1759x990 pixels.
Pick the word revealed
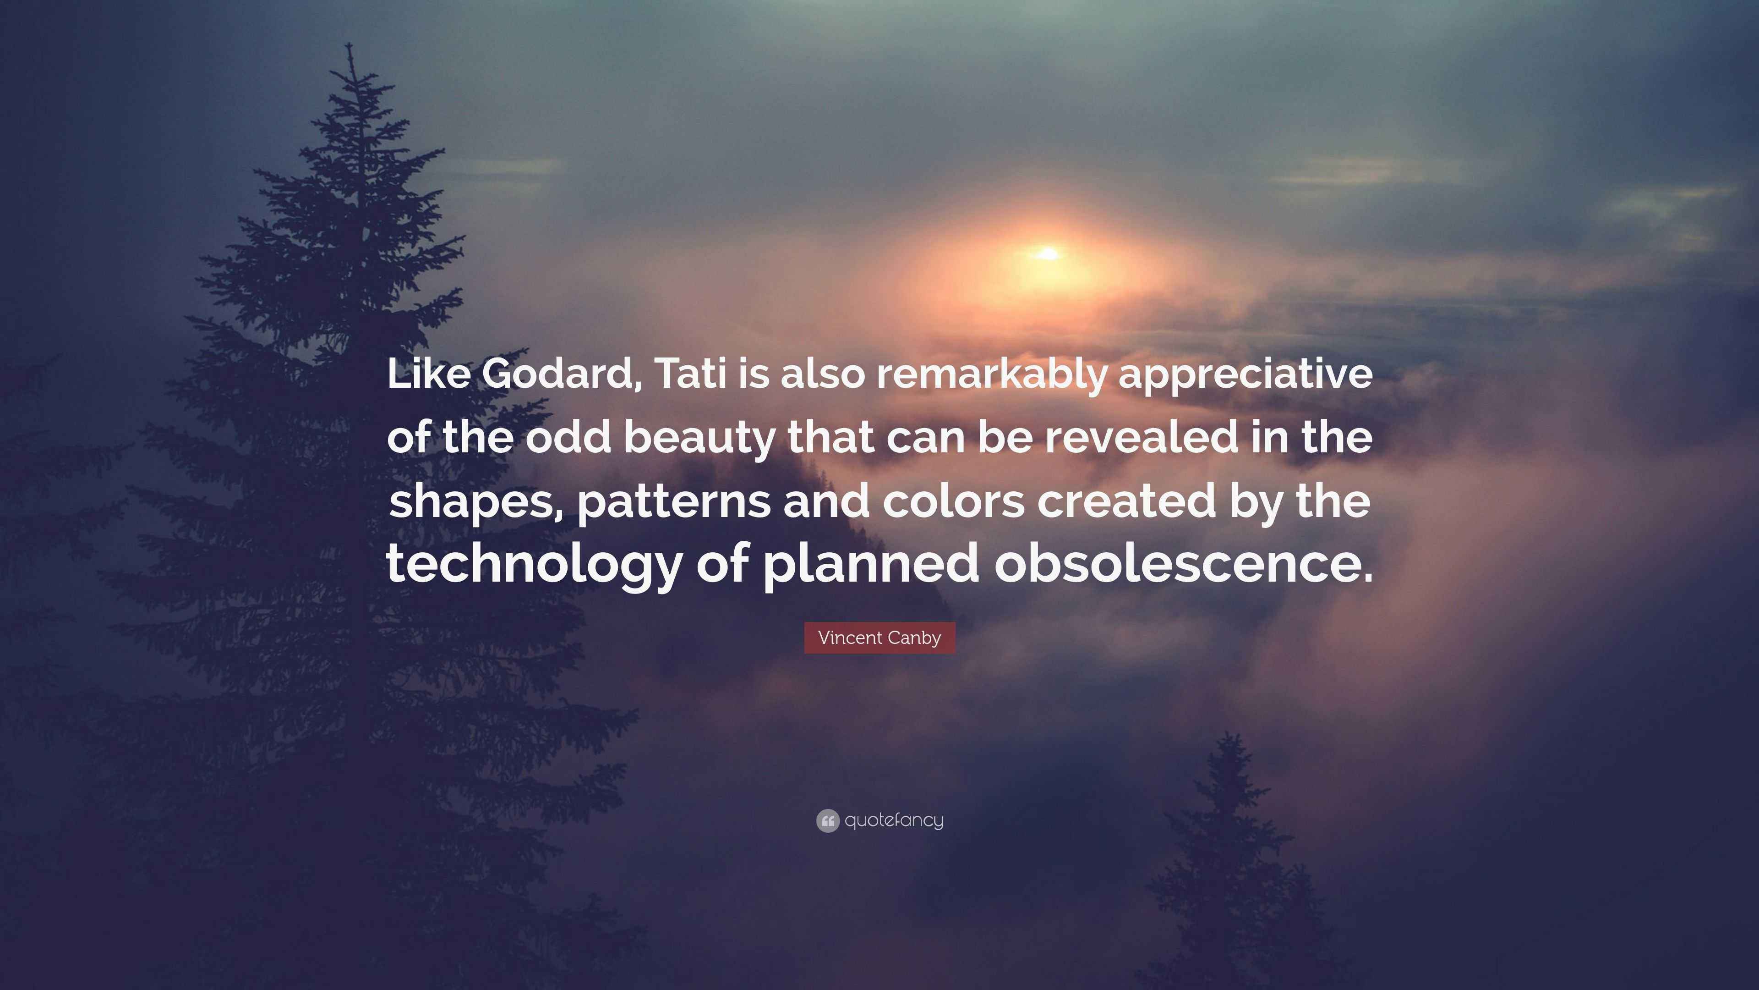tap(1141, 437)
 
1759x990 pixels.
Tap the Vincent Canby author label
tap(879, 638)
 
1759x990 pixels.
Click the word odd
tap(568, 437)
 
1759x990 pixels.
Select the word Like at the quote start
tap(428, 374)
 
